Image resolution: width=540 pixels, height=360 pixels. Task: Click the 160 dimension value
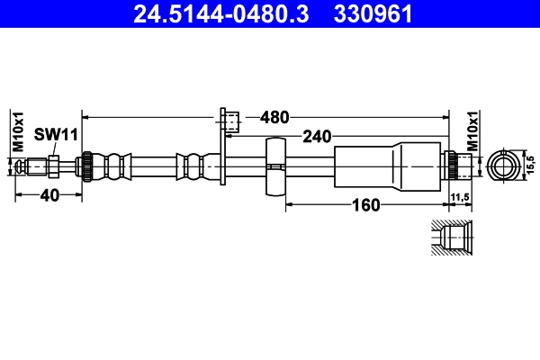pyautogui.click(x=365, y=204)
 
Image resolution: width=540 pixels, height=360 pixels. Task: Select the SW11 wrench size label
pyautogui.click(x=57, y=134)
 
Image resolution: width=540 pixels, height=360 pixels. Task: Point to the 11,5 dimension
pyautogui.click(x=461, y=196)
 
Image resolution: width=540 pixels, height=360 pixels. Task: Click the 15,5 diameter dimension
pyautogui.click(x=531, y=165)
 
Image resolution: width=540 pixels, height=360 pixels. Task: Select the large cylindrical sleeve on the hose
pyautogui.click(x=389, y=166)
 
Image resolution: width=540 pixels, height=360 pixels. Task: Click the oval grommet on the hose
pyautogui.click(x=276, y=166)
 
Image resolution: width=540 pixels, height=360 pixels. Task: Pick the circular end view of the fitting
pyautogui.click(x=504, y=166)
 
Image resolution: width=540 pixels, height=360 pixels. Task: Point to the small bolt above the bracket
pyautogui.click(x=231, y=119)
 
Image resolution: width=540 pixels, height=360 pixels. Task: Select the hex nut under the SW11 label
pyautogui.click(x=55, y=166)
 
